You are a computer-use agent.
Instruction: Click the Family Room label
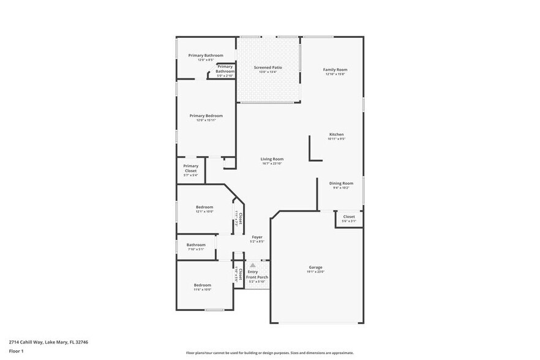335,70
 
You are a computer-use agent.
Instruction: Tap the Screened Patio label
268,67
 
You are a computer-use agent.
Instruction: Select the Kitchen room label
336,134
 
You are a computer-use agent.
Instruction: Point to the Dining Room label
341,183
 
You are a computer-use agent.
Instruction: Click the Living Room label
272,159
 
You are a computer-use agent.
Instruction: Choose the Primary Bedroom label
206,116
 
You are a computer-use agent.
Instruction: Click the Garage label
315,268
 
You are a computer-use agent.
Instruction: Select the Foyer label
257,237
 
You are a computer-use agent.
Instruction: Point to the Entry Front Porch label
257,274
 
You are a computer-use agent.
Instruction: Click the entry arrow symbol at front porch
252,265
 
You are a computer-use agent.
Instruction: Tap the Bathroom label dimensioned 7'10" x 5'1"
196,245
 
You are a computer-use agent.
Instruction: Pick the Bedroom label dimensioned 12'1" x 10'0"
204,207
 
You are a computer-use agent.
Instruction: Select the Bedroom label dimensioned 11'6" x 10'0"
202,285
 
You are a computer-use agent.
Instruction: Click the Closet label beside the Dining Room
349,217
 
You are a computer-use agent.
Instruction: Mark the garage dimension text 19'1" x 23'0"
315,272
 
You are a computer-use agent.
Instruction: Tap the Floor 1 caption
16,351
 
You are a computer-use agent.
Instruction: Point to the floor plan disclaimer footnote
269,353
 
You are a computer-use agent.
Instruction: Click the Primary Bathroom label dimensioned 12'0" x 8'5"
205,55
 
